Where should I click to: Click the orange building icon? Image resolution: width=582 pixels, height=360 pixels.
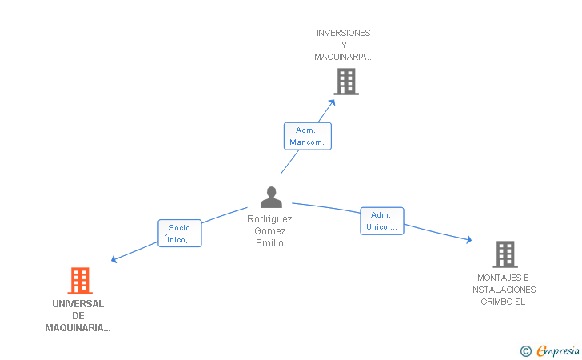coord(80,281)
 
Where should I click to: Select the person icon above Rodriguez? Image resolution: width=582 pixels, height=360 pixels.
coord(271,197)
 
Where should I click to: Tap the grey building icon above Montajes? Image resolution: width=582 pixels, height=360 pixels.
coord(505,254)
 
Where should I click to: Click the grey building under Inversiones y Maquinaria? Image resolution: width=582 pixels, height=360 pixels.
coord(346,82)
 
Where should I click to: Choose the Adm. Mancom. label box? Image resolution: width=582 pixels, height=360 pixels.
coord(308,136)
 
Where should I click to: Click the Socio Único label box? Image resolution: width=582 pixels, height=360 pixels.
coord(180,234)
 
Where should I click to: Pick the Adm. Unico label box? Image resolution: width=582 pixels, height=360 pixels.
coord(382,221)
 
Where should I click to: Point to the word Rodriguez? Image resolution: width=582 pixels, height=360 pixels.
coord(269,219)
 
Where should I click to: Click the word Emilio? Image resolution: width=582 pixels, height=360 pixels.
coord(270,243)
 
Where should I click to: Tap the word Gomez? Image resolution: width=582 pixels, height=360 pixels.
coord(270,231)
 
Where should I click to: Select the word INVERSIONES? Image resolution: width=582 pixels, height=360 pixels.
coord(343,33)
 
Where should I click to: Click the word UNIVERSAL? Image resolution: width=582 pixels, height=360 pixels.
coord(78,304)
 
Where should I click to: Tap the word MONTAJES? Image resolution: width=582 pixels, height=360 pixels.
coord(496,278)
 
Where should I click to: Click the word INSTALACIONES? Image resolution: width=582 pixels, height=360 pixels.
coord(504,290)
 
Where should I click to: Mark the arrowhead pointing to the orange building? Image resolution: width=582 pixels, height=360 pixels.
coord(114,259)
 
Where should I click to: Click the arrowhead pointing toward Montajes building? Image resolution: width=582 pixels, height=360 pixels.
coord(469,240)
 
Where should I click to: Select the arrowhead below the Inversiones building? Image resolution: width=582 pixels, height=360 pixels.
coord(332,102)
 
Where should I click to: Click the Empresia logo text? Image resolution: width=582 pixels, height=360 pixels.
coord(558,350)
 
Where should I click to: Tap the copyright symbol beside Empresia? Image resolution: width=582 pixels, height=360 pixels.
coord(526,351)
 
